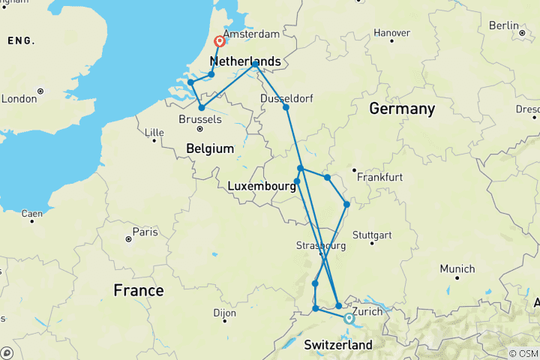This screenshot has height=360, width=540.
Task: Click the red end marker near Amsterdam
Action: coord(220,42)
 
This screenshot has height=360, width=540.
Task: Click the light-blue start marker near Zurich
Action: coord(349,318)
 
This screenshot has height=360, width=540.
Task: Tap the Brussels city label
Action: coord(202,118)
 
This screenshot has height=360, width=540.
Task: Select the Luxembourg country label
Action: coord(261,185)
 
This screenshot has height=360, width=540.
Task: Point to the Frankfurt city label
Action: coord(380,178)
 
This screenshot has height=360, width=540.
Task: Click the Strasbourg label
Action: coord(320,245)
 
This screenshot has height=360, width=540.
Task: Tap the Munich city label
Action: coord(457,268)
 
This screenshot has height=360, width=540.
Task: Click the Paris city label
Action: coord(145,232)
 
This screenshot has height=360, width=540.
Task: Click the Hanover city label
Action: coord(391,33)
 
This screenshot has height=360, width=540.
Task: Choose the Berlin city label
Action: coord(503,25)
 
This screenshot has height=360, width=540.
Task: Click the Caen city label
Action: coord(31,214)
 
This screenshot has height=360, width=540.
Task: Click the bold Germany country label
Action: coord(402,109)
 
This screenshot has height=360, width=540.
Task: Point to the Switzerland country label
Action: coord(338,345)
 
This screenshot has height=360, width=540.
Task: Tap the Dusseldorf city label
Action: coord(286,98)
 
